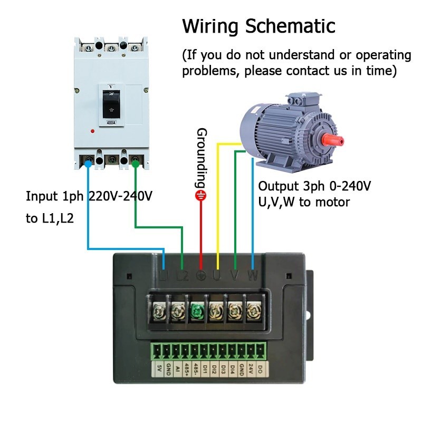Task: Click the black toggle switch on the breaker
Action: tap(111, 103)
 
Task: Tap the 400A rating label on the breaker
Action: tap(111, 122)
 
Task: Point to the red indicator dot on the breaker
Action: tap(93, 130)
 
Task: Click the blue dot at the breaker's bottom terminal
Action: tap(88, 164)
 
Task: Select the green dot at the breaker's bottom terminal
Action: tap(136, 164)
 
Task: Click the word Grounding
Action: tap(201, 158)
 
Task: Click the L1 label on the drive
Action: tap(164, 275)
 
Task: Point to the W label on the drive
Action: tap(253, 275)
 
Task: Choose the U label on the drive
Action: tap(217, 275)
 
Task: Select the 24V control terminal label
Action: tap(252, 367)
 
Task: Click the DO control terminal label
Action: tap(261, 367)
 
